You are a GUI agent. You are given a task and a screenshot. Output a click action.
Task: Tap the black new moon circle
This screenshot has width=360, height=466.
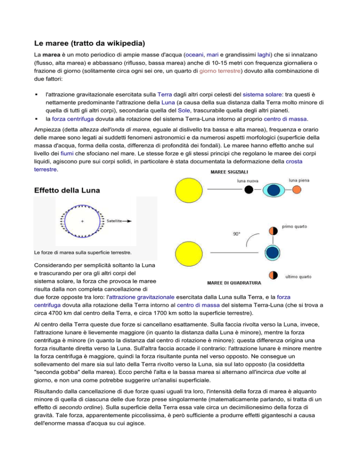[250, 189]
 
